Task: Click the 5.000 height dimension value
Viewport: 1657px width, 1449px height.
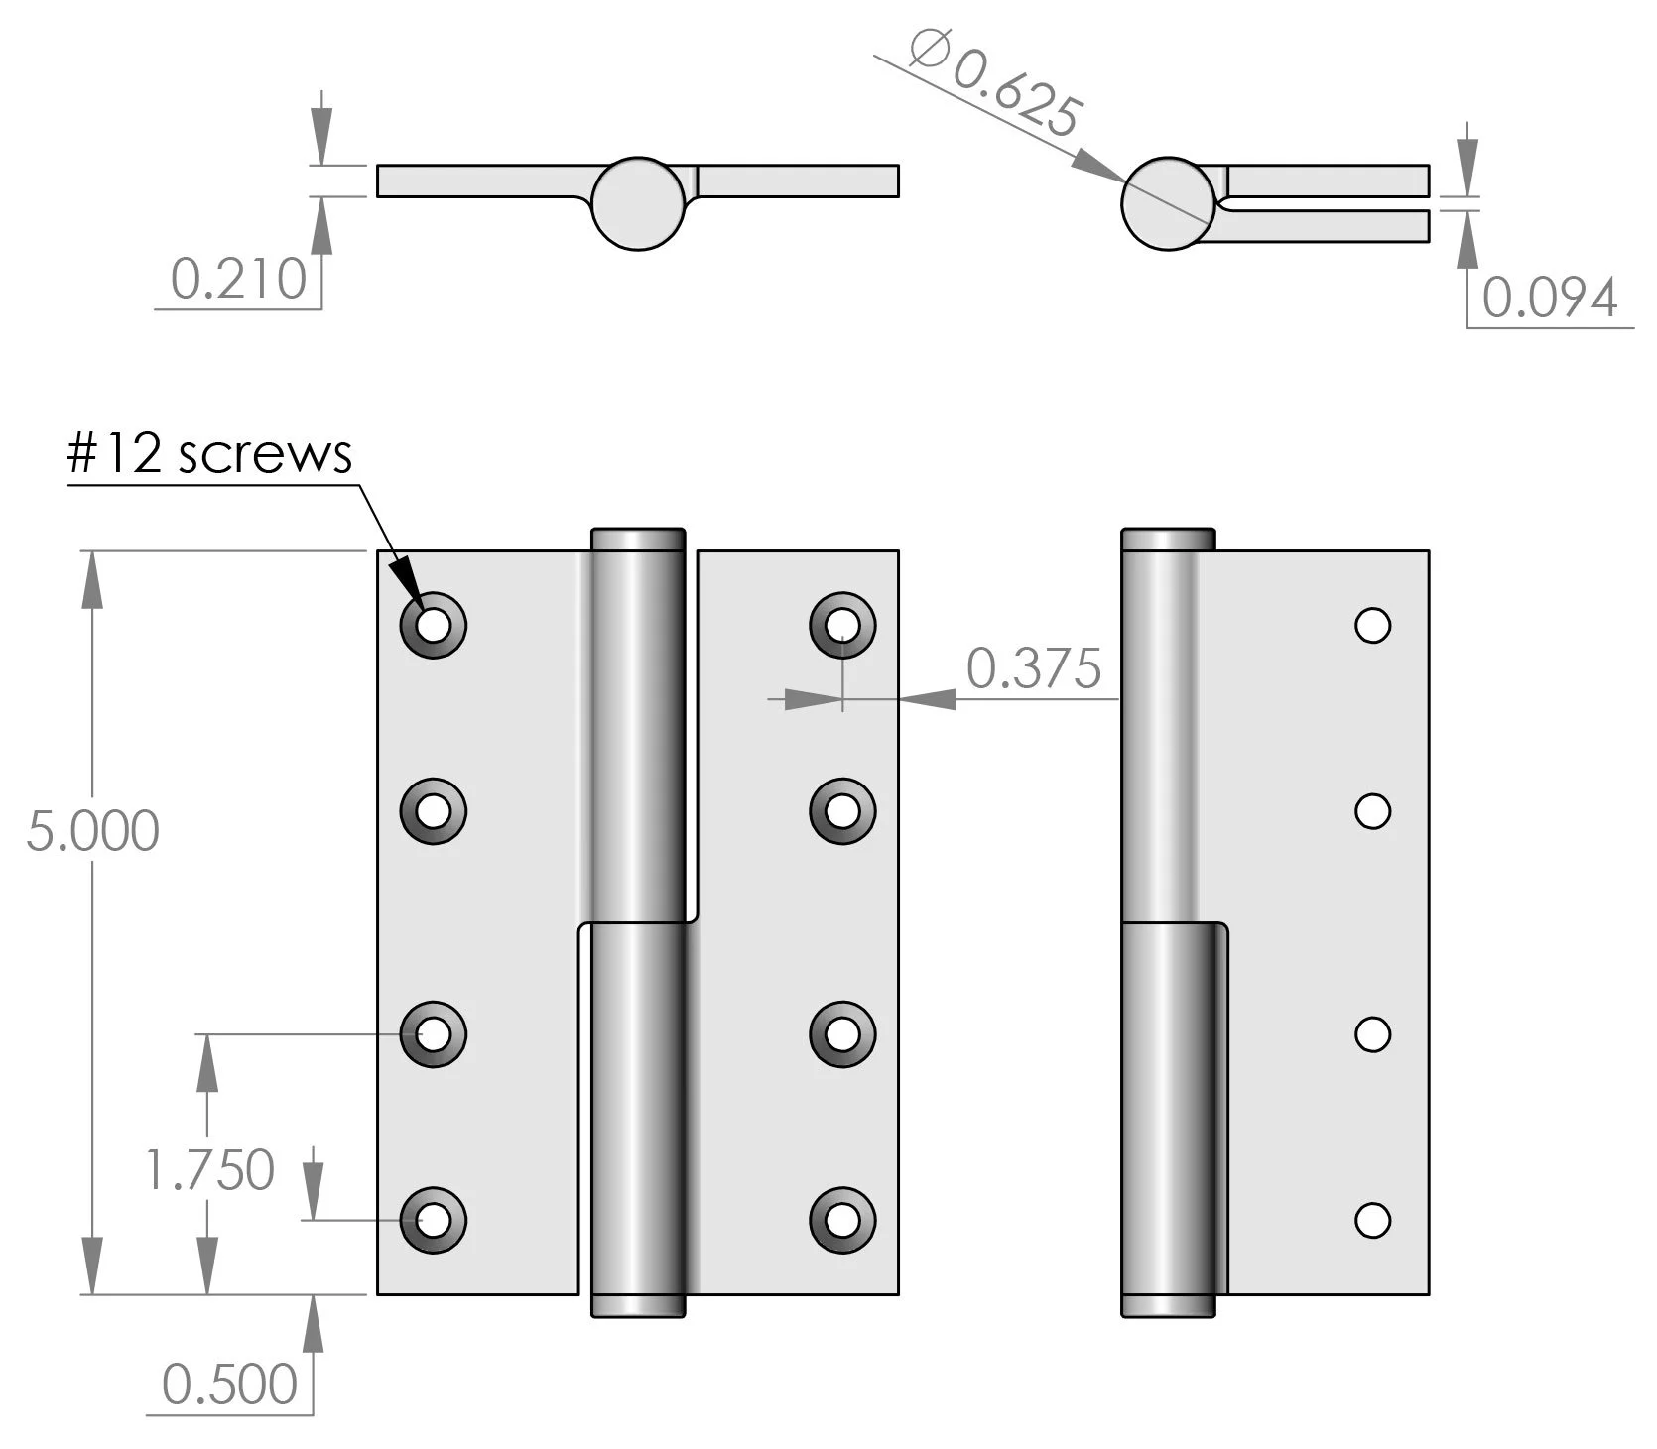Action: click(x=92, y=831)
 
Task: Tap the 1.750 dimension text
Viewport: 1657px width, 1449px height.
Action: click(x=209, y=1169)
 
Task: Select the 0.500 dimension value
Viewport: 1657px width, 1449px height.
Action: click(x=229, y=1384)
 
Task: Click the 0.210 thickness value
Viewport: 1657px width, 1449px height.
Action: click(x=238, y=279)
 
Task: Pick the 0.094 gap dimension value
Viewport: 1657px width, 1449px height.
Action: click(x=1550, y=298)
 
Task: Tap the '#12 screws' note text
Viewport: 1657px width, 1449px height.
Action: click(x=209, y=455)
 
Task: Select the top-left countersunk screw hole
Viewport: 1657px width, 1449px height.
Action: click(x=433, y=625)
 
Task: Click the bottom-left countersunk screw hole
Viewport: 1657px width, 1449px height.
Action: click(x=433, y=1220)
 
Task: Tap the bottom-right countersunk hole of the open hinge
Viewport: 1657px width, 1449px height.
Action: click(x=842, y=1220)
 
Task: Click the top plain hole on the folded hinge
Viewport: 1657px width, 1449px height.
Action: click(x=1373, y=625)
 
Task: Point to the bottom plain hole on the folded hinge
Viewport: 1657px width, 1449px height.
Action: click(x=1373, y=1220)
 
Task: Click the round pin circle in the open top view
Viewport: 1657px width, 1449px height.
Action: click(x=639, y=203)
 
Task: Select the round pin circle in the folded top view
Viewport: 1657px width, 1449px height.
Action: click(x=1168, y=203)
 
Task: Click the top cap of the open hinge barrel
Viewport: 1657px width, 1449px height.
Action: click(x=638, y=539)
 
